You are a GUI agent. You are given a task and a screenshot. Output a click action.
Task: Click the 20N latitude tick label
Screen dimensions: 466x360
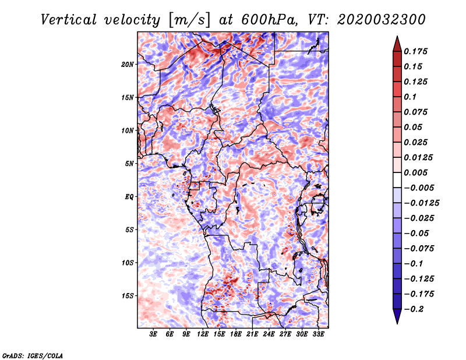click(x=128, y=65)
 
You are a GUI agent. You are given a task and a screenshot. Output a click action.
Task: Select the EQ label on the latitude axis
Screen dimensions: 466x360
click(x=129, y=197)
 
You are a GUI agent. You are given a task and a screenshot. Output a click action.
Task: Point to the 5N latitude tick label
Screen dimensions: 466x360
click(x=129, y=164)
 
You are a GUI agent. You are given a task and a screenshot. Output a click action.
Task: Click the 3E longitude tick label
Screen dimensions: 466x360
click(x=153, y=334)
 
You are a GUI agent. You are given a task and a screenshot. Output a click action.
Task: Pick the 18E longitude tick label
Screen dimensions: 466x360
click(x=236, y=334)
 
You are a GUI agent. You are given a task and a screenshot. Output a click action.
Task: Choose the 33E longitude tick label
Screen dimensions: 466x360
click(x=318, y=334)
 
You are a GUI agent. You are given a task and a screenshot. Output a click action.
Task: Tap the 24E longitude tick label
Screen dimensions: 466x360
click(x=269, y=334)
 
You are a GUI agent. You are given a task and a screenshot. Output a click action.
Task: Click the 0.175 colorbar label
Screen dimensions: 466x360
click(x=415, y=51)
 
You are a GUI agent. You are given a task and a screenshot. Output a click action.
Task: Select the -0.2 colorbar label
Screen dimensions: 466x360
click(x=414, y=309)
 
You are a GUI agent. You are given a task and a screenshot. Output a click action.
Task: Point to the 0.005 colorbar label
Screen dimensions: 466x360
click(x=415, y=172)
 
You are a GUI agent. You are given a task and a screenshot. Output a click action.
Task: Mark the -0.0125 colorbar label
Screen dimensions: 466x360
click(x=421, y=203)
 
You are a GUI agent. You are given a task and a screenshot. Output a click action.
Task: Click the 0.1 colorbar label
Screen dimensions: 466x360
click(x=410, y=97)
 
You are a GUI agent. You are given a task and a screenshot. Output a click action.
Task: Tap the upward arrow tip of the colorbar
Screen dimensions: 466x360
click(x=397, y=36)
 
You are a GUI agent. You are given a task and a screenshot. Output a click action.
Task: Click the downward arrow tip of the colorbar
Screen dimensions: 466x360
click(x=397, y=323)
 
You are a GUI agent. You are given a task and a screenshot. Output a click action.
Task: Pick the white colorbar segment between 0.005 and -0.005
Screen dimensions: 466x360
click(x=397, y=180)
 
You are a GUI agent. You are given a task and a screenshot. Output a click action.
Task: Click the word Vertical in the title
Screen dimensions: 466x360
click(x=69, y=20)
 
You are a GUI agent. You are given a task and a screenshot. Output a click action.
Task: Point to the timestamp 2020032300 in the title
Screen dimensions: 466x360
click(x=382, y=20)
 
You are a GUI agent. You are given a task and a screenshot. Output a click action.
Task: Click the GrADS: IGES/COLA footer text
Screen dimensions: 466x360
click(x=33, y=355)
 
